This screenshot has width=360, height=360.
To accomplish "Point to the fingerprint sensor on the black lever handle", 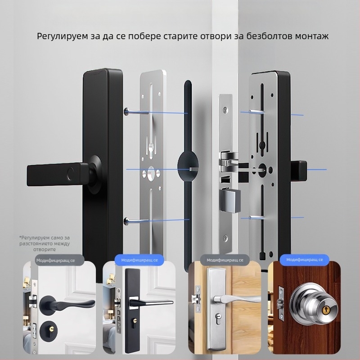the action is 70,173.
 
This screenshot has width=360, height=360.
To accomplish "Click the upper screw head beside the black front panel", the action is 126,111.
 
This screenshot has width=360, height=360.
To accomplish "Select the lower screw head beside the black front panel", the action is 126,221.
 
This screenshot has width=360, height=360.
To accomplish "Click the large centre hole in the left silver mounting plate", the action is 151,174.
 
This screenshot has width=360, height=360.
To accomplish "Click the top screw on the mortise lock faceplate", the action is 226,109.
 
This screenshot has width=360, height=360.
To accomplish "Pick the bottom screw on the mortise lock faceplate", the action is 226,238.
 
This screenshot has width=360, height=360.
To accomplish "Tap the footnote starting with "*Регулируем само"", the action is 45,243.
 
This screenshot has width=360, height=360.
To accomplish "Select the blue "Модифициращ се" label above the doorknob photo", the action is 305,260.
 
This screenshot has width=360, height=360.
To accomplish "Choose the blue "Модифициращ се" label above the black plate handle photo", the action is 139,260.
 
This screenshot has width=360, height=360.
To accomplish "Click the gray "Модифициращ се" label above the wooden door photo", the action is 225,260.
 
